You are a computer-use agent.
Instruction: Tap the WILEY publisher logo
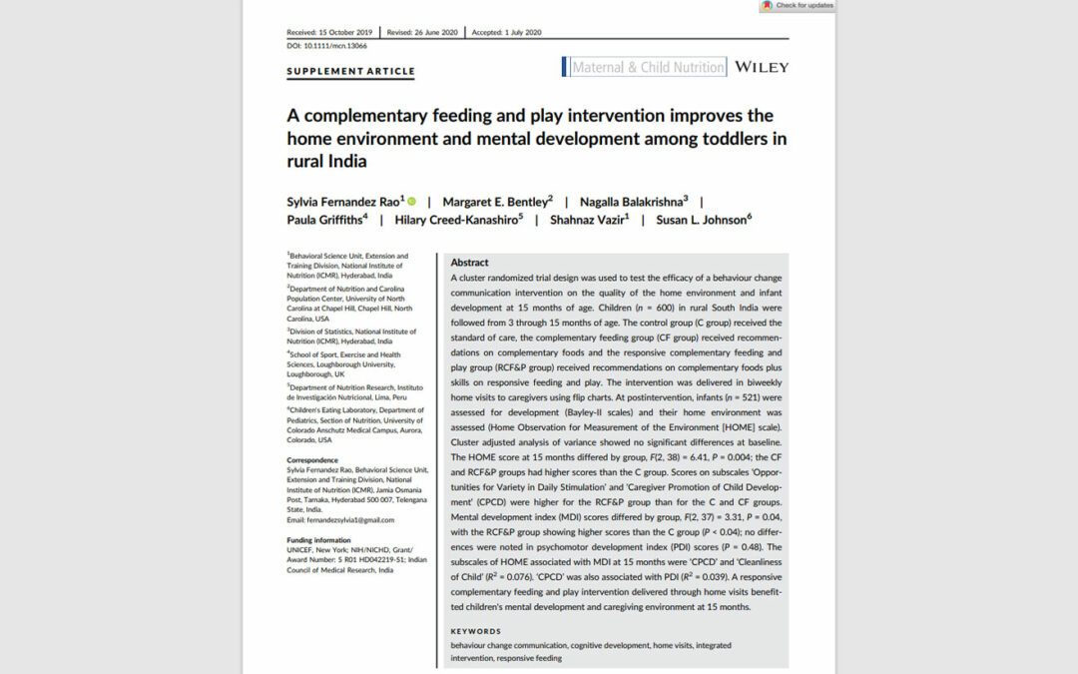761,67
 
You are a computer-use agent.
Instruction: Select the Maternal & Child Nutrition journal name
648,68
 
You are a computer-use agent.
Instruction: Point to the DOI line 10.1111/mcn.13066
326,45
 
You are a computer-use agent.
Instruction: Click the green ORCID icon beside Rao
411,202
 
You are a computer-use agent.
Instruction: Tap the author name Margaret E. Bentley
495,202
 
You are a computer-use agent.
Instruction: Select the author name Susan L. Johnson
703,220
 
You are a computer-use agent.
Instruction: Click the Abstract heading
470,263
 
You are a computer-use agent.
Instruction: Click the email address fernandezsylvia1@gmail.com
340,519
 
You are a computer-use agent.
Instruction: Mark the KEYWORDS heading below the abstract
475,631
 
